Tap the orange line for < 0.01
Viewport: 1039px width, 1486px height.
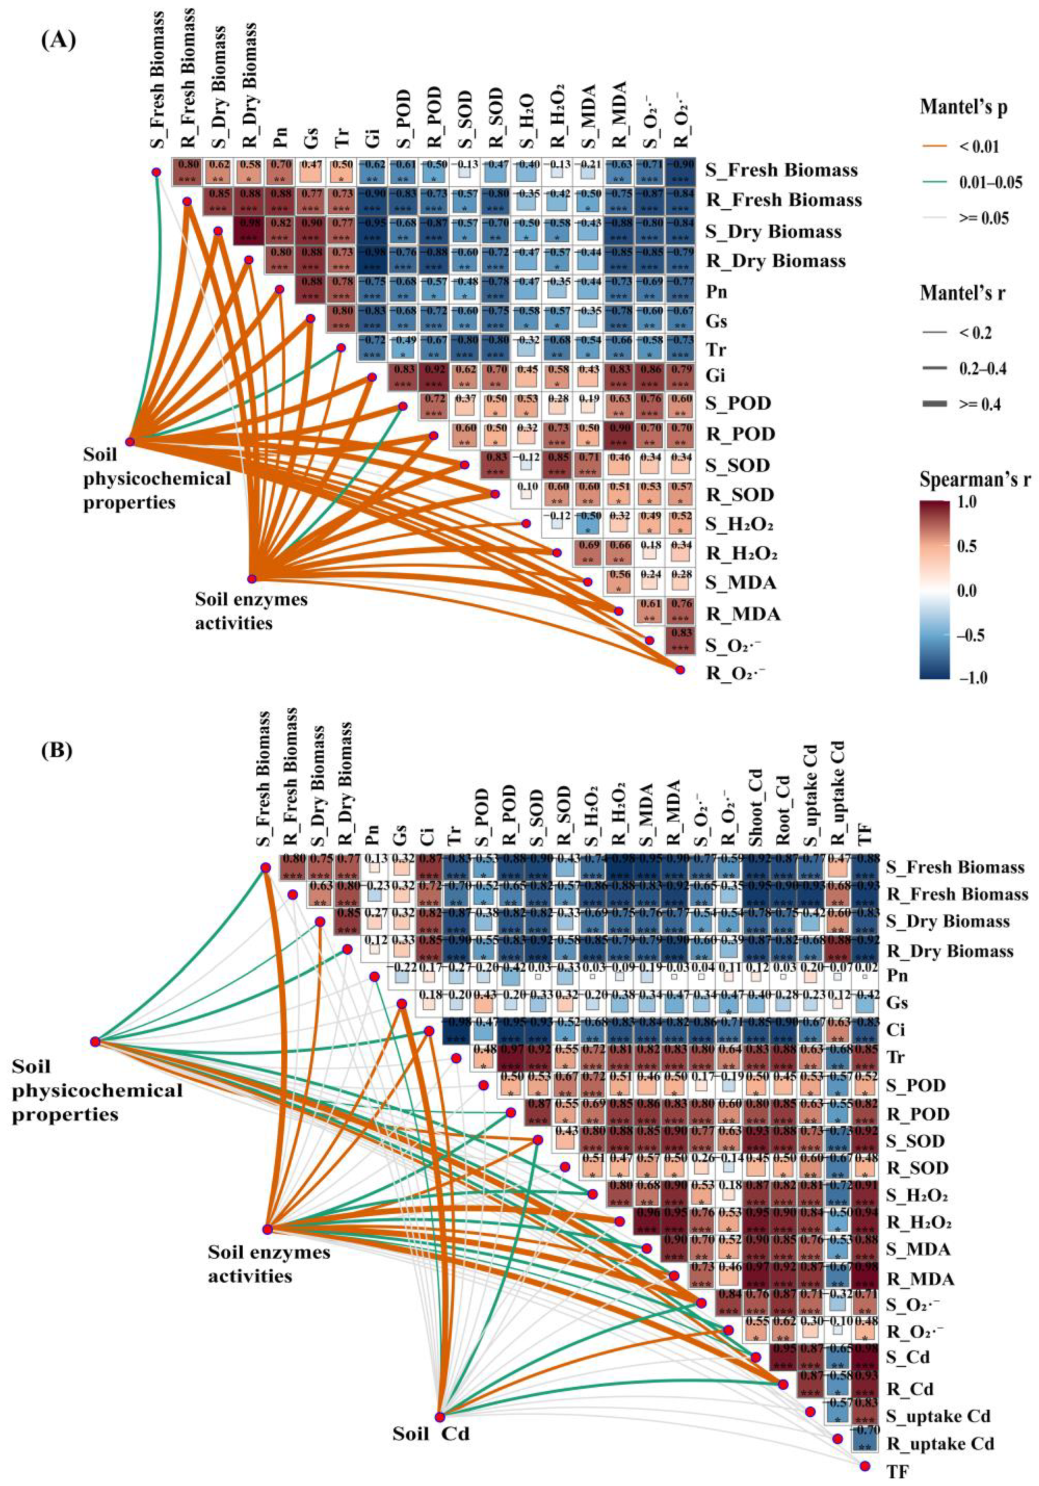[938, 147]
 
